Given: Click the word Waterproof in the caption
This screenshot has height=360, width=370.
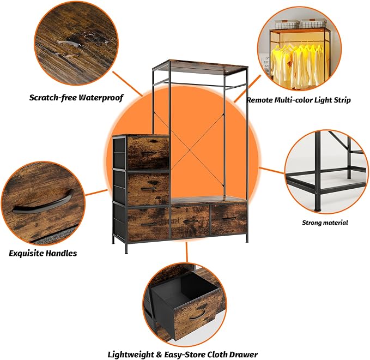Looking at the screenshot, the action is point(101,98).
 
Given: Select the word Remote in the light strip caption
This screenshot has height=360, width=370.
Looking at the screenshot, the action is point(259,100).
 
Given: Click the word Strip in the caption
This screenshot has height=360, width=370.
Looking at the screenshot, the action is point(342,100).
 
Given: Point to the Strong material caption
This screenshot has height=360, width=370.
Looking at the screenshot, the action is point(325,223).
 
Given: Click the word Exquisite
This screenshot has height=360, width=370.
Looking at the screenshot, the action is point(26,253).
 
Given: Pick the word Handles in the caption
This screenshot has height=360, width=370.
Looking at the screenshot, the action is point(61,253).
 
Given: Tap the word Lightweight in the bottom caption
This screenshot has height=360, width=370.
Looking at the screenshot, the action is point(131,355).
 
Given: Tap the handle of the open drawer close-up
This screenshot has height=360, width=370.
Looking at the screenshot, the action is point(197,315).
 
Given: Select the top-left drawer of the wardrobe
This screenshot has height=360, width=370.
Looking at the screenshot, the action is point(148,153).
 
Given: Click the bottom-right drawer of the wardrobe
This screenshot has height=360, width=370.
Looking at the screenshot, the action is point(228,219).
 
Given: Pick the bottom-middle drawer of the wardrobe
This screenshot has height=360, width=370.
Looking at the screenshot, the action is point(190,222).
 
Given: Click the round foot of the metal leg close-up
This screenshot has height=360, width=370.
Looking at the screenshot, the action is point(318,208).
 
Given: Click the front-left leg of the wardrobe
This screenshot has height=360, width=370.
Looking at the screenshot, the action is point(126,247).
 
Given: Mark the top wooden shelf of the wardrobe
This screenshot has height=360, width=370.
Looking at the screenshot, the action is point(200,67).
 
